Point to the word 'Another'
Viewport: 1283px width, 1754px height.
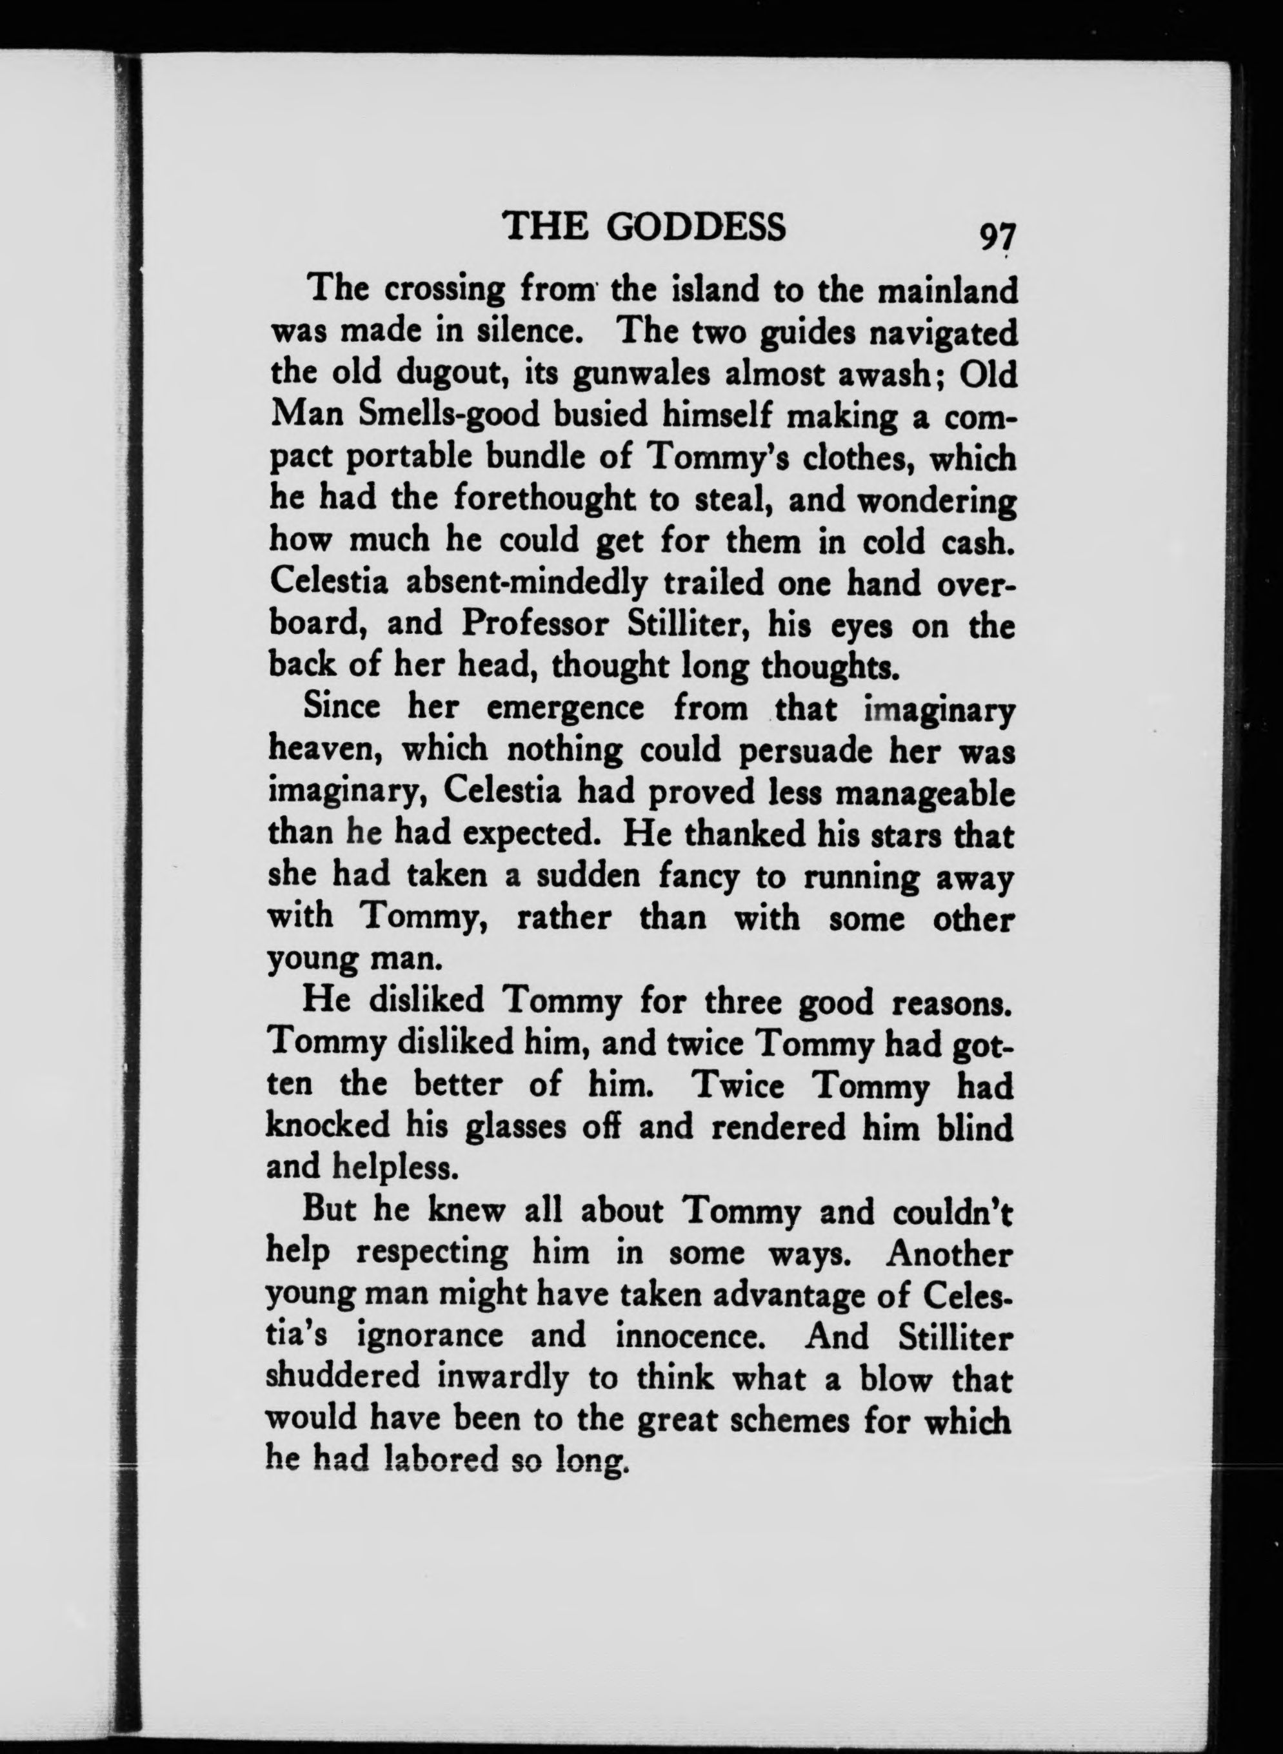949,1253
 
